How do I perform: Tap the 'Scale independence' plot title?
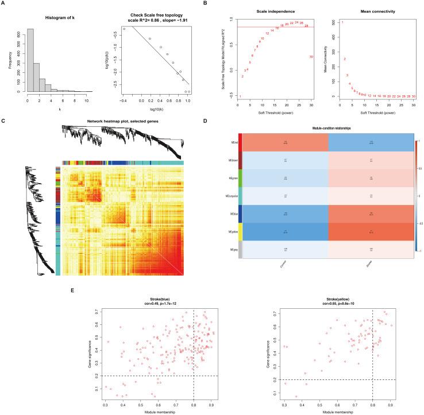274,12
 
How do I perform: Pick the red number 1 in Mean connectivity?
342,22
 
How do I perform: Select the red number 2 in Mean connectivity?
345,59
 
